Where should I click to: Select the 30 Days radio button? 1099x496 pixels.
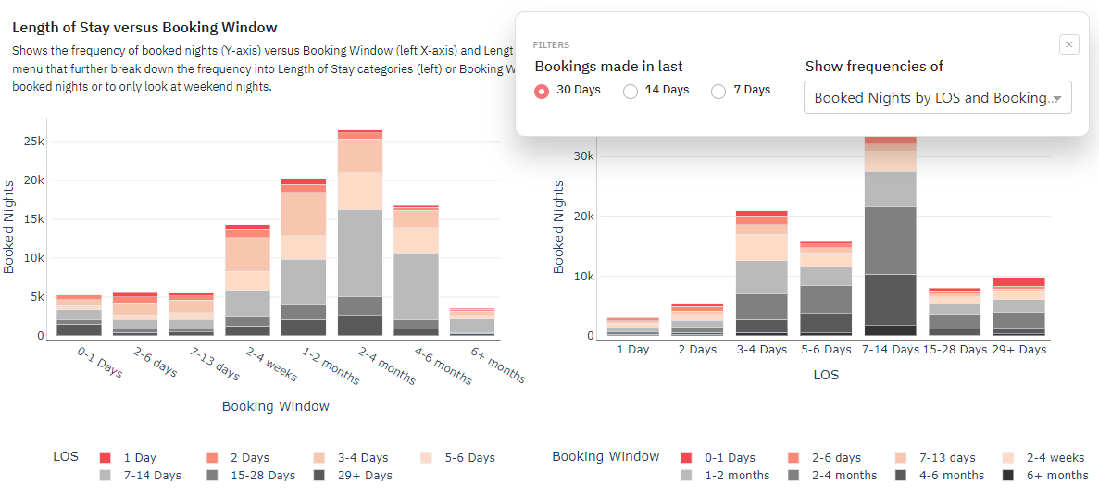543,91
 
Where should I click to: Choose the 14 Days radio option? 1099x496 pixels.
631,91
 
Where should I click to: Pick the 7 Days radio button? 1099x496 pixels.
718,91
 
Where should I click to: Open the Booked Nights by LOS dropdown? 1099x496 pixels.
937,97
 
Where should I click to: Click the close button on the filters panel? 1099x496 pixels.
1068,44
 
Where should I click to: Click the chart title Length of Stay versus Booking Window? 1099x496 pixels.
144,28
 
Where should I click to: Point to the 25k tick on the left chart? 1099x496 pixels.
33,141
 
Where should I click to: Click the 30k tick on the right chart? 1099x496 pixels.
583,155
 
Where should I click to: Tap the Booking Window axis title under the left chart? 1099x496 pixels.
275,406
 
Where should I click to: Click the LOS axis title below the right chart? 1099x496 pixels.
826,376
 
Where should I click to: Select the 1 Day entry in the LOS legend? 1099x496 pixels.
139,458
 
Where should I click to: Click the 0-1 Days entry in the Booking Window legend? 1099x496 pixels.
730,458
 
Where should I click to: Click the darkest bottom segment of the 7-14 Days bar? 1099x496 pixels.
889,330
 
